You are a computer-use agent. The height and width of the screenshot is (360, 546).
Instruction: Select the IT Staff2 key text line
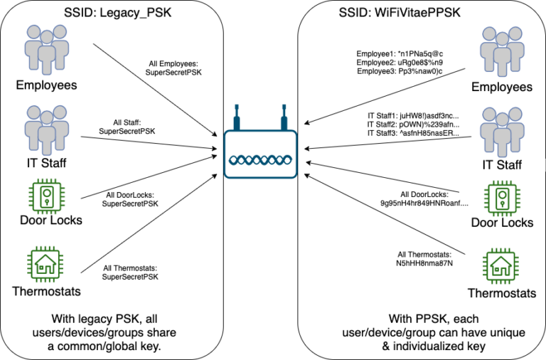point(413,123)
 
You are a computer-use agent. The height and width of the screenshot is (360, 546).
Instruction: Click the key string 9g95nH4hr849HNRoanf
point(425,203)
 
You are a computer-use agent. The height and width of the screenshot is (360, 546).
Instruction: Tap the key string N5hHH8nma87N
point(425,263)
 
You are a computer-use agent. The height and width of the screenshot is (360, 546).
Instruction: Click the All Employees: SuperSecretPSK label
point(173,68)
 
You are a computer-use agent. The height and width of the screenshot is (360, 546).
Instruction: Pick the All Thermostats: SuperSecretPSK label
point(131,272)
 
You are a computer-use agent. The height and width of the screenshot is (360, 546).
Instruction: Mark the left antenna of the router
point(237,117)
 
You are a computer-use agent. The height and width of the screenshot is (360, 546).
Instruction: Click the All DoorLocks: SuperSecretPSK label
point(130,198)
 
